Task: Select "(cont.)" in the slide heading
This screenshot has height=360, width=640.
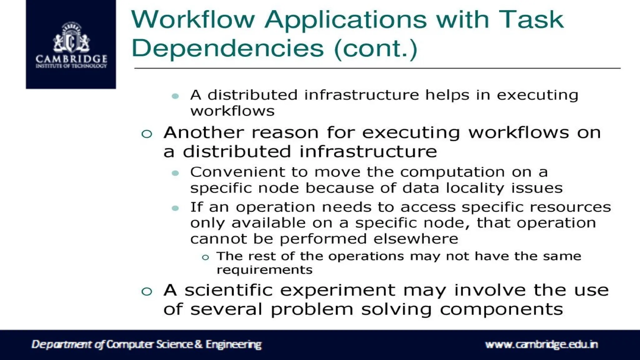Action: tap(376, 49)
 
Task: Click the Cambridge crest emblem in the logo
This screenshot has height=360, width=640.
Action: tap(71, 39)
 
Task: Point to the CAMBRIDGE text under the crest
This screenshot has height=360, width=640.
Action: tap(71, 59)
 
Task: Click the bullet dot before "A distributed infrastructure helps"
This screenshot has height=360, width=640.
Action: tap(175, 96)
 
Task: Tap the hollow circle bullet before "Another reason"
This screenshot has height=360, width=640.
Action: tap(147, 134)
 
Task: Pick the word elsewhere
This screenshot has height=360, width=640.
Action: tap(416, 239)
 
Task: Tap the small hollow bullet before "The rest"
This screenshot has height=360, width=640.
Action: tap(205, 257)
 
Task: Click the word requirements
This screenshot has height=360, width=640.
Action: tap(264, 270)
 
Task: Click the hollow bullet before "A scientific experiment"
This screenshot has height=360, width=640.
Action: tap(147, 292)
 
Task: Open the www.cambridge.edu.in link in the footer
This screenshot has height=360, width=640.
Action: tap(541, 345)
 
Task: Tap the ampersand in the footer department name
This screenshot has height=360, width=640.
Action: tap(199, 344)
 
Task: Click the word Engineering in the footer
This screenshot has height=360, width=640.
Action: tap(233, 344)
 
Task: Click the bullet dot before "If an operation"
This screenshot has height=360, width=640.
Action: tap(175, 208)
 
